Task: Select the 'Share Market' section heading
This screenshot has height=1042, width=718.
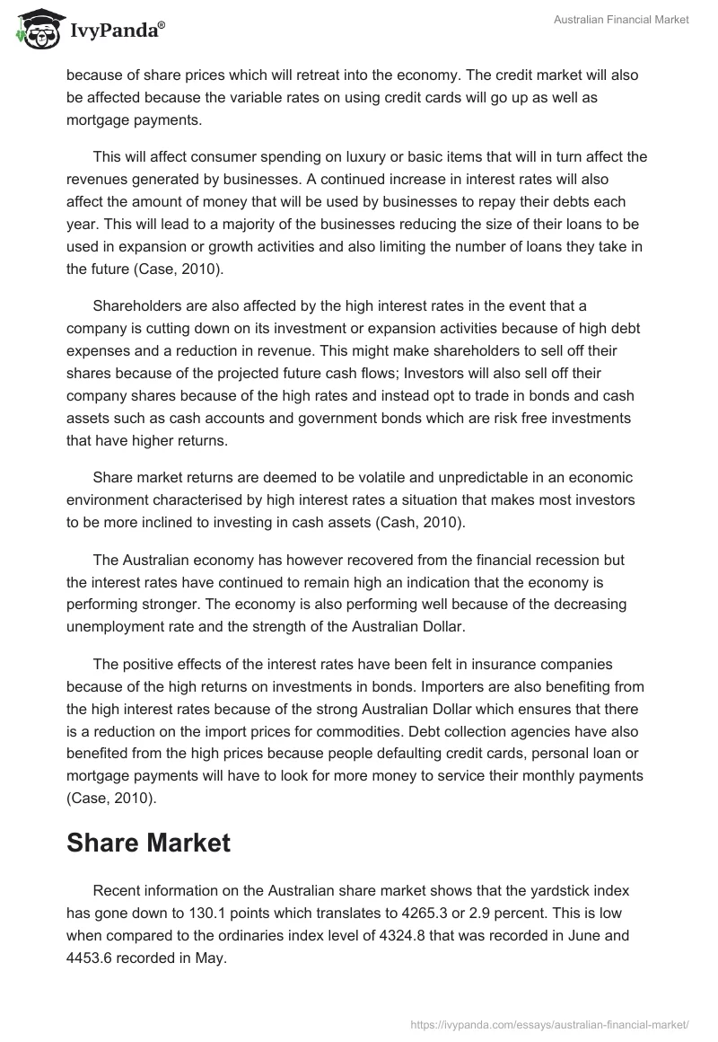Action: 148,842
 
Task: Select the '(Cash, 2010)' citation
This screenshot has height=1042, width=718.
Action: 422,523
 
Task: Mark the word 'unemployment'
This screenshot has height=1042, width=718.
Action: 112,625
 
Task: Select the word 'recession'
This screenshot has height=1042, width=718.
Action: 492,560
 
